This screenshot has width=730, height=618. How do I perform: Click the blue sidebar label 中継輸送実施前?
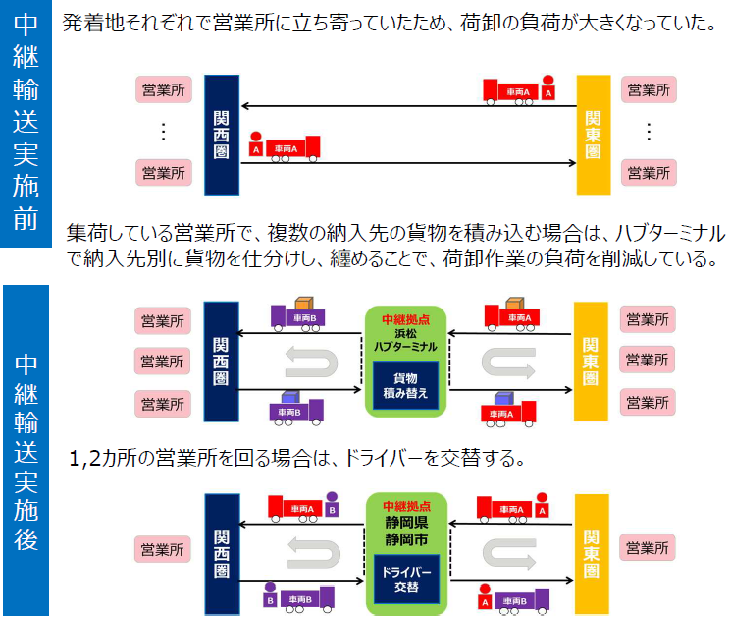point(26,123)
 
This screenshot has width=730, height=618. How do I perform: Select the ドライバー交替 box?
point(405,579)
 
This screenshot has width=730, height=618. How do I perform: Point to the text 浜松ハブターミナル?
point(405,340)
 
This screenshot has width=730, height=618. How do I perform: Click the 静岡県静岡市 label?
point(405,531)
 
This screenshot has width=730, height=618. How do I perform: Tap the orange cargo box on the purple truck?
point(305,305)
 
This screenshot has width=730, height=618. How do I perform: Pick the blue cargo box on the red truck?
point(504,401)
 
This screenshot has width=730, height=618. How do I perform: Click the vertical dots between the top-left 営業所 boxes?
point(163,132)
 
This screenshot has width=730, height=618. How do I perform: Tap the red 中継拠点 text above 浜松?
point(405,319)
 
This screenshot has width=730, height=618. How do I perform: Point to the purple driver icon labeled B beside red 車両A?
point(332,506)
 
